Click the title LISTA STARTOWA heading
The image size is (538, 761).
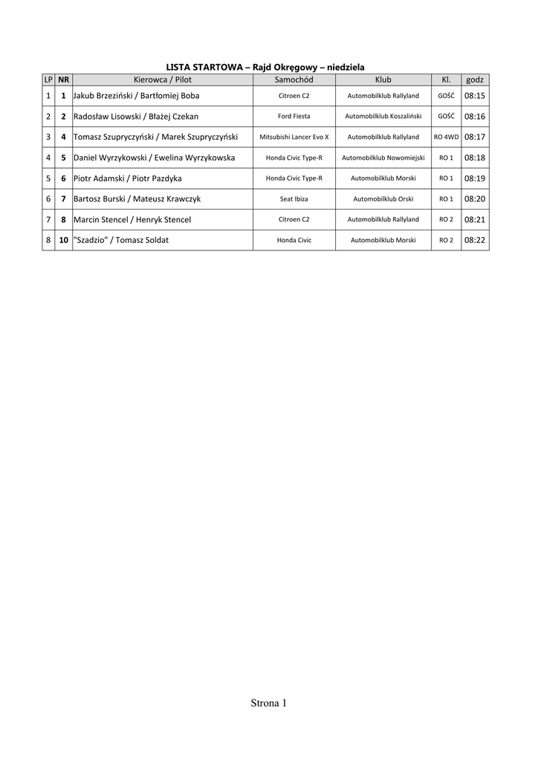265,67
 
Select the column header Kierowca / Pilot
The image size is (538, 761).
162,80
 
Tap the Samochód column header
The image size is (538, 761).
294,80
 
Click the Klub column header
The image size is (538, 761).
383,80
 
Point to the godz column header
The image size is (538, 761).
474,80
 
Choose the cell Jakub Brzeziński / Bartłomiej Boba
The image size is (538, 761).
137,96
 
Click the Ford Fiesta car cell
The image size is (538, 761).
294,117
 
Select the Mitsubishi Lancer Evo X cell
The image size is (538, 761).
294,137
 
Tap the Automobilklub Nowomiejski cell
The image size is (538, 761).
383,158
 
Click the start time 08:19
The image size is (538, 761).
474,178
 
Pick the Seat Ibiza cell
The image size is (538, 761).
294,199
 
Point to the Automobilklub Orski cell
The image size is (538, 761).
383,199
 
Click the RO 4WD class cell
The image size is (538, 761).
446,137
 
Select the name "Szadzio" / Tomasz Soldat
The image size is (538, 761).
121,240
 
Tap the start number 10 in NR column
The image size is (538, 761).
63,240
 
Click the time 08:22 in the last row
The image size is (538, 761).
474,240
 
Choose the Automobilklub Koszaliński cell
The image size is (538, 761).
383,117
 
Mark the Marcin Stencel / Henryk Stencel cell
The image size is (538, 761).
132,220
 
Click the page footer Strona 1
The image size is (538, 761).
268,703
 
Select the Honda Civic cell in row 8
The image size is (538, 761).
294,240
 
